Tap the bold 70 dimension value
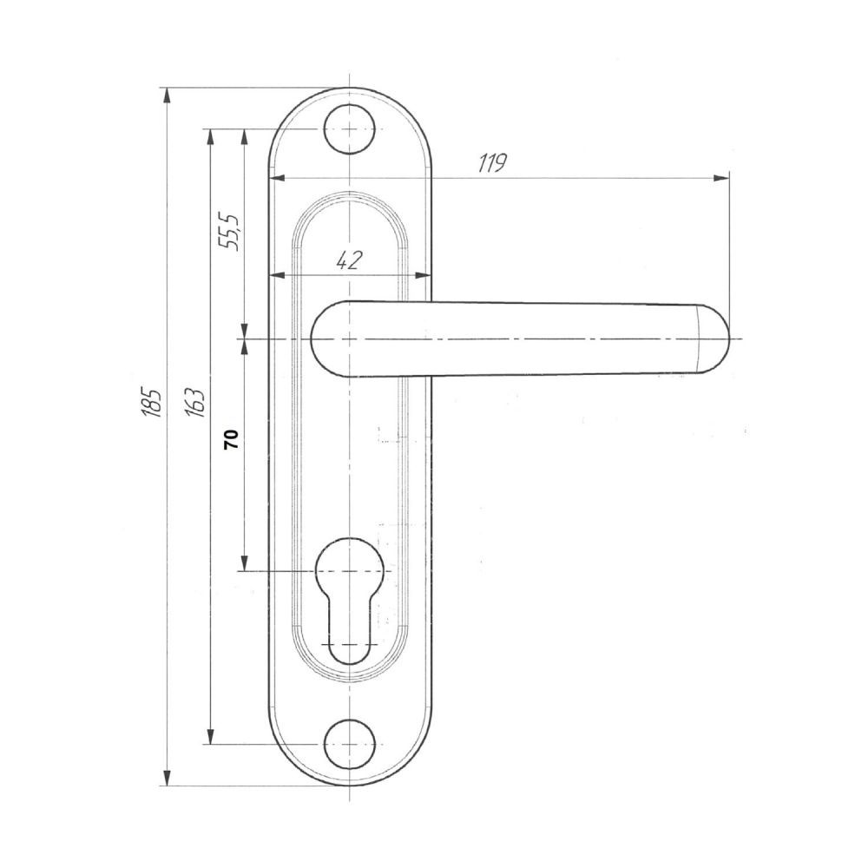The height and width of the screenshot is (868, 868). point(232,438)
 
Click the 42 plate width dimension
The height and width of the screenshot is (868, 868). point(350,260)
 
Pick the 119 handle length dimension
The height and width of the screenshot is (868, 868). point(492,163)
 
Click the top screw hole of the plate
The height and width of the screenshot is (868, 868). point(349,128)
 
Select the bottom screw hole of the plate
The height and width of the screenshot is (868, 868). point(349,744)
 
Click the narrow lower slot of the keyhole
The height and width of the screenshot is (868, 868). point(349,631)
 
